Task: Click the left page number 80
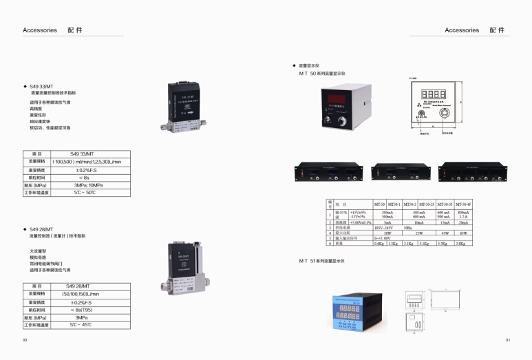point(25,340)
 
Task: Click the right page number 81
point(508,340)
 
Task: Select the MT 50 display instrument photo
point(340,107)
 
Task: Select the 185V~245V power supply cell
point(383,228)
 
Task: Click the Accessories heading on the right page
point(462,30)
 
